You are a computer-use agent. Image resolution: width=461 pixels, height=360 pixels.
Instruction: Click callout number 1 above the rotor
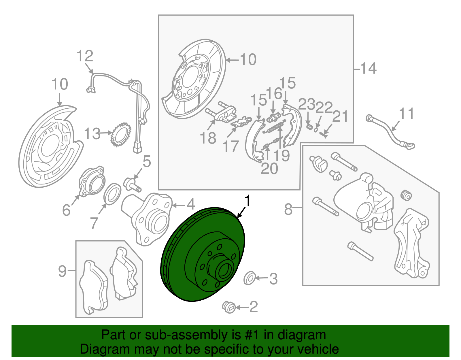coord(247,201)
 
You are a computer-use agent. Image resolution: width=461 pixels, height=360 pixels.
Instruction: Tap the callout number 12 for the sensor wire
coord(85,56)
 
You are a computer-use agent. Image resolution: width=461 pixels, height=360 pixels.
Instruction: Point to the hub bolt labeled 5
coord(132,184)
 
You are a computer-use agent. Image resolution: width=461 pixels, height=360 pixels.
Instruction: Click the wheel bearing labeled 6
coord(92,182)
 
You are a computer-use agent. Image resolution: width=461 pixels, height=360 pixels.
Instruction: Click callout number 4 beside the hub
coord(191,204)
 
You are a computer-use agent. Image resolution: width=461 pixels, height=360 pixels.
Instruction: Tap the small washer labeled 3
coord(249,278)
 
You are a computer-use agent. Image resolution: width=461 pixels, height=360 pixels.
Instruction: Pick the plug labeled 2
coord(229,307)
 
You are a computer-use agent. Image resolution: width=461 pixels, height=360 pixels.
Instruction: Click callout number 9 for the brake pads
coord(62,271)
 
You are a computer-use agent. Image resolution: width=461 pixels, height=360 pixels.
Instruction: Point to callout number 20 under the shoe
coord(269,168)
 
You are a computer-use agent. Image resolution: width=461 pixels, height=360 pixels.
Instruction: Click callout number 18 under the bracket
coord(208,138)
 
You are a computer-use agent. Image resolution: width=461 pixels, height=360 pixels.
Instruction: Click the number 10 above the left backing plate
coord(60,84)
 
